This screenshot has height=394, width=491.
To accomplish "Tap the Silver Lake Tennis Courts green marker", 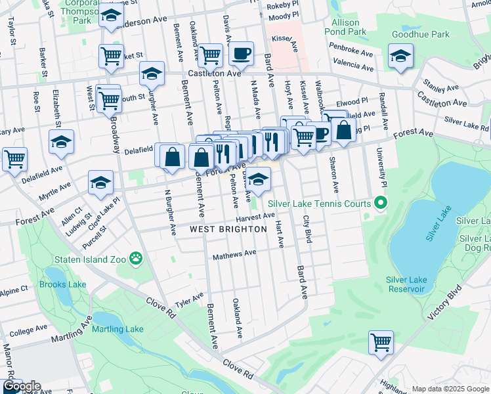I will (379, 204).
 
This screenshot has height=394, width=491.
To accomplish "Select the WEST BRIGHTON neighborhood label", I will (228, 229).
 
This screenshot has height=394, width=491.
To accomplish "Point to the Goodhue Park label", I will (420, 34).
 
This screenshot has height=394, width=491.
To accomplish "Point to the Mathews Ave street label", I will (234, 253).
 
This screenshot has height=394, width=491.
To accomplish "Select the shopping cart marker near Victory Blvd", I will (381, 342).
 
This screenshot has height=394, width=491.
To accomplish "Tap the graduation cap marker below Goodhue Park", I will (400, 56).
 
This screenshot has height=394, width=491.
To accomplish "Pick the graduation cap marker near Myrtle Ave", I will (100, 183).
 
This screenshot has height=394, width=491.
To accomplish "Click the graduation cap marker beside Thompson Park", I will (112, 15).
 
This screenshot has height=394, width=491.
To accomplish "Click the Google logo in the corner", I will (21, 387).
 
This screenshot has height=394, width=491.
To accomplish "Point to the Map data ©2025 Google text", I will (450, 389).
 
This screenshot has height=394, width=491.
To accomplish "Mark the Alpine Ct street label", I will (14, 289).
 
